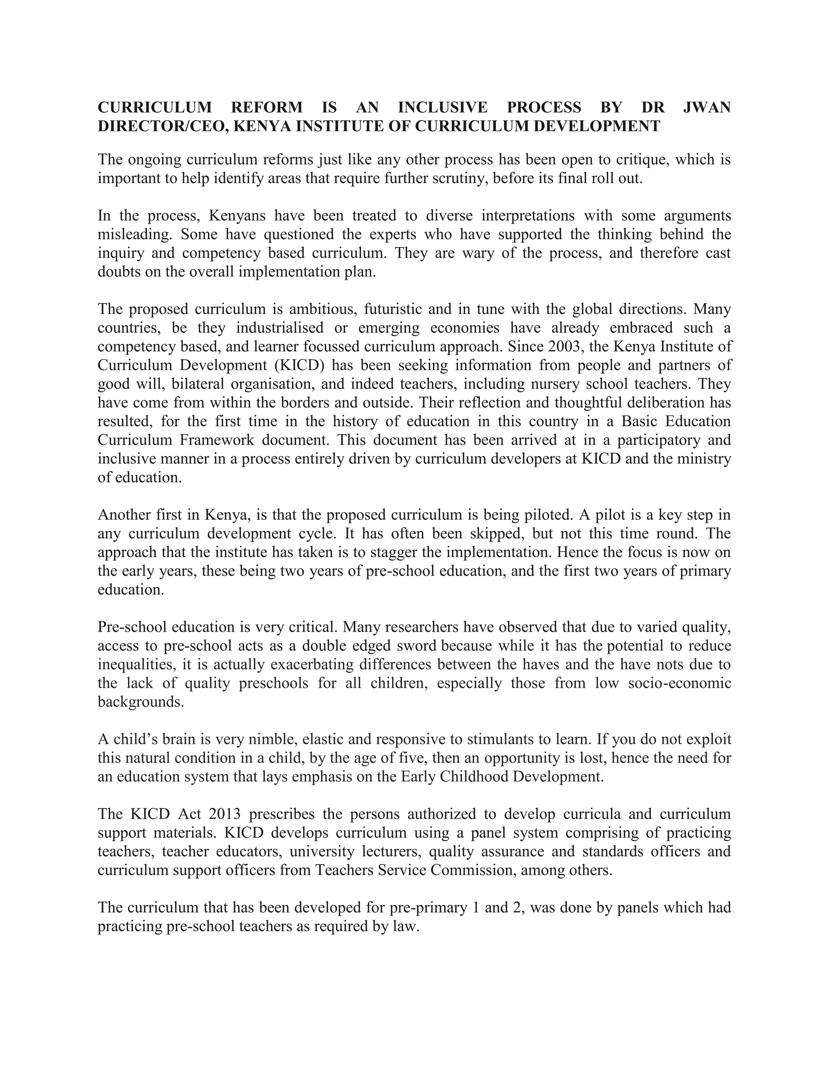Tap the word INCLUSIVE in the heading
click(442, 107)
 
